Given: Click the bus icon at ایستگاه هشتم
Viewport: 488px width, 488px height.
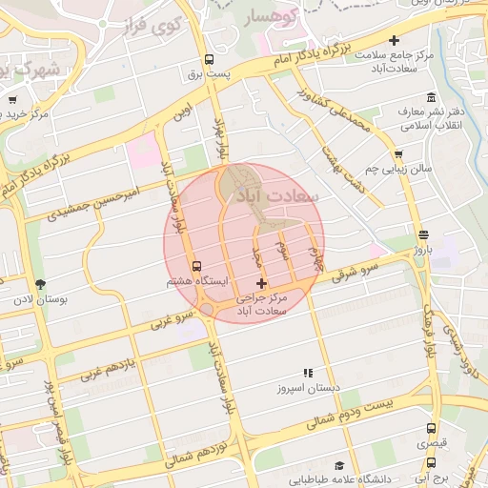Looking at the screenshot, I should point(196,266).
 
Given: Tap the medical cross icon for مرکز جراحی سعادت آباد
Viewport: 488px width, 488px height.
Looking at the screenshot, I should point(262,283).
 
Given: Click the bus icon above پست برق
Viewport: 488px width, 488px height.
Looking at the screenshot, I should point(209,58).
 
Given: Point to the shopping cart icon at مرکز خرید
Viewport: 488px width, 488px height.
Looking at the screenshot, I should point(12,98).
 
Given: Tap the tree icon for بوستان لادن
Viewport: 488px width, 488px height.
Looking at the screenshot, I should point(39,283).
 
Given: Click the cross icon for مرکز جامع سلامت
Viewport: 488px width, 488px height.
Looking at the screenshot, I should point(394,40).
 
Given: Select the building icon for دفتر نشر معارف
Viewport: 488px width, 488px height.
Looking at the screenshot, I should point(431,97).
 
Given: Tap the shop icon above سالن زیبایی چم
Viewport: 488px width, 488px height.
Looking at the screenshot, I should point(397,153).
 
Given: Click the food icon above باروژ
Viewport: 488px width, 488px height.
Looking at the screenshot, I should point(422,234).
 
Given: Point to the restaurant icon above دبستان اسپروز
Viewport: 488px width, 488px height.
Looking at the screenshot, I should point(307,373).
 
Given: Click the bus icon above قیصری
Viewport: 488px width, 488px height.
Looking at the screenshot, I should point(431,429).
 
